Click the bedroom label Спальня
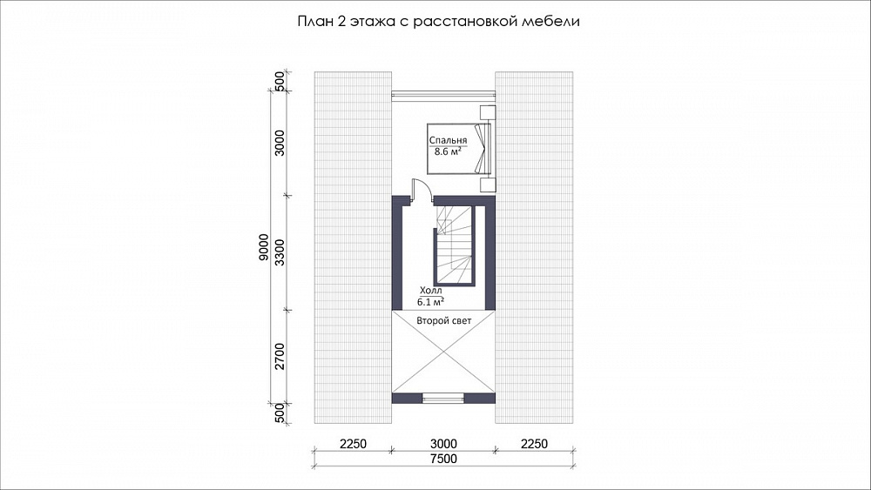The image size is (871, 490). pyautogui.click(x=447, y=141)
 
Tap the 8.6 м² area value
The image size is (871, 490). pyautogui.click(x=448, y=151)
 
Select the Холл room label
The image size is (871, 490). pyautogui.click(x=430, y=291)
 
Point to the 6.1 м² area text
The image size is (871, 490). pyautogui.click(x=430, y=301)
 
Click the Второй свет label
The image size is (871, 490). pyautogui.click(x=444, y=321)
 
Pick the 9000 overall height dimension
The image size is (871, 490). pyautogui.click(x=264, y=247)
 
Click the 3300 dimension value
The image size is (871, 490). pyautogui.click(x=280, y=252)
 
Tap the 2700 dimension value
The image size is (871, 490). pyautogui.click(x=280, y=356)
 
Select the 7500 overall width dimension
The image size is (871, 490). pyautogui.click(x=443, y=459)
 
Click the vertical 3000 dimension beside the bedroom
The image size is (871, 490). pyautogui.click(x=280, y=143)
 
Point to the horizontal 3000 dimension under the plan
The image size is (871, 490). pyautogui.click(x=443, y=444)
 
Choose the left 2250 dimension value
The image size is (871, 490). pyautogui.click(x=353, y=444)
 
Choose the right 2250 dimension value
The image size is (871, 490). pyautogui.click(x=534, y=444)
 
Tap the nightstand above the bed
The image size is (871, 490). pyautogui.click(x=487, y=111)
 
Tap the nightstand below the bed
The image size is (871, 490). pyautogui.click(x=487, y=185)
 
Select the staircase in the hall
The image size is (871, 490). pyautogui.click(x=455, y=245)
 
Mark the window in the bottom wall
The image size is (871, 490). pyautogui.click(x=442, y=398)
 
